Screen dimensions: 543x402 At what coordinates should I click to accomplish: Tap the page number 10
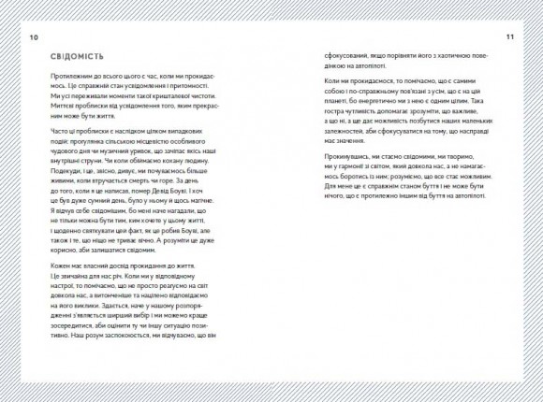coord(35,36)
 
